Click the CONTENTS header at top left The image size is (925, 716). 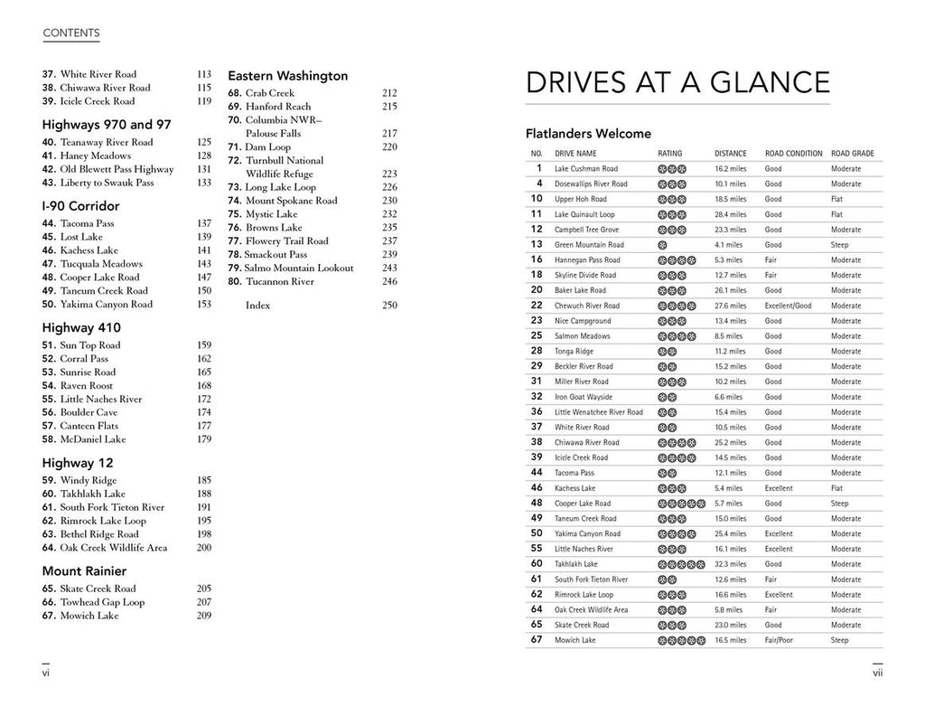[71, 33]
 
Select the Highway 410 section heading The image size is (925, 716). [81, 328]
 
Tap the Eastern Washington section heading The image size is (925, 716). [287, 76]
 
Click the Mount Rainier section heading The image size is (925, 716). [84, 571]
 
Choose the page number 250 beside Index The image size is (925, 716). [389, 306]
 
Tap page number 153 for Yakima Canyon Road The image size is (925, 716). [203, 305]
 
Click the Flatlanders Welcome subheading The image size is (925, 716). [588, 134]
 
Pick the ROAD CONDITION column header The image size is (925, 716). [793, 154]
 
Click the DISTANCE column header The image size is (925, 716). [730, 154]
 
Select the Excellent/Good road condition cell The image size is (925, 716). [788, 306]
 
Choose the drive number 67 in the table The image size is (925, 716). [536, 640]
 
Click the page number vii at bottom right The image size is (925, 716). [876, 673]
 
